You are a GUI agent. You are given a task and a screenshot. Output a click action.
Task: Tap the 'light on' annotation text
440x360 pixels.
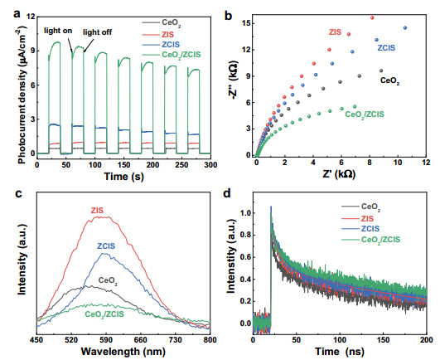pos(57,30)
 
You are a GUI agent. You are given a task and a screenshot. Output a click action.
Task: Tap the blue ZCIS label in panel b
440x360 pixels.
pos(387,48)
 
